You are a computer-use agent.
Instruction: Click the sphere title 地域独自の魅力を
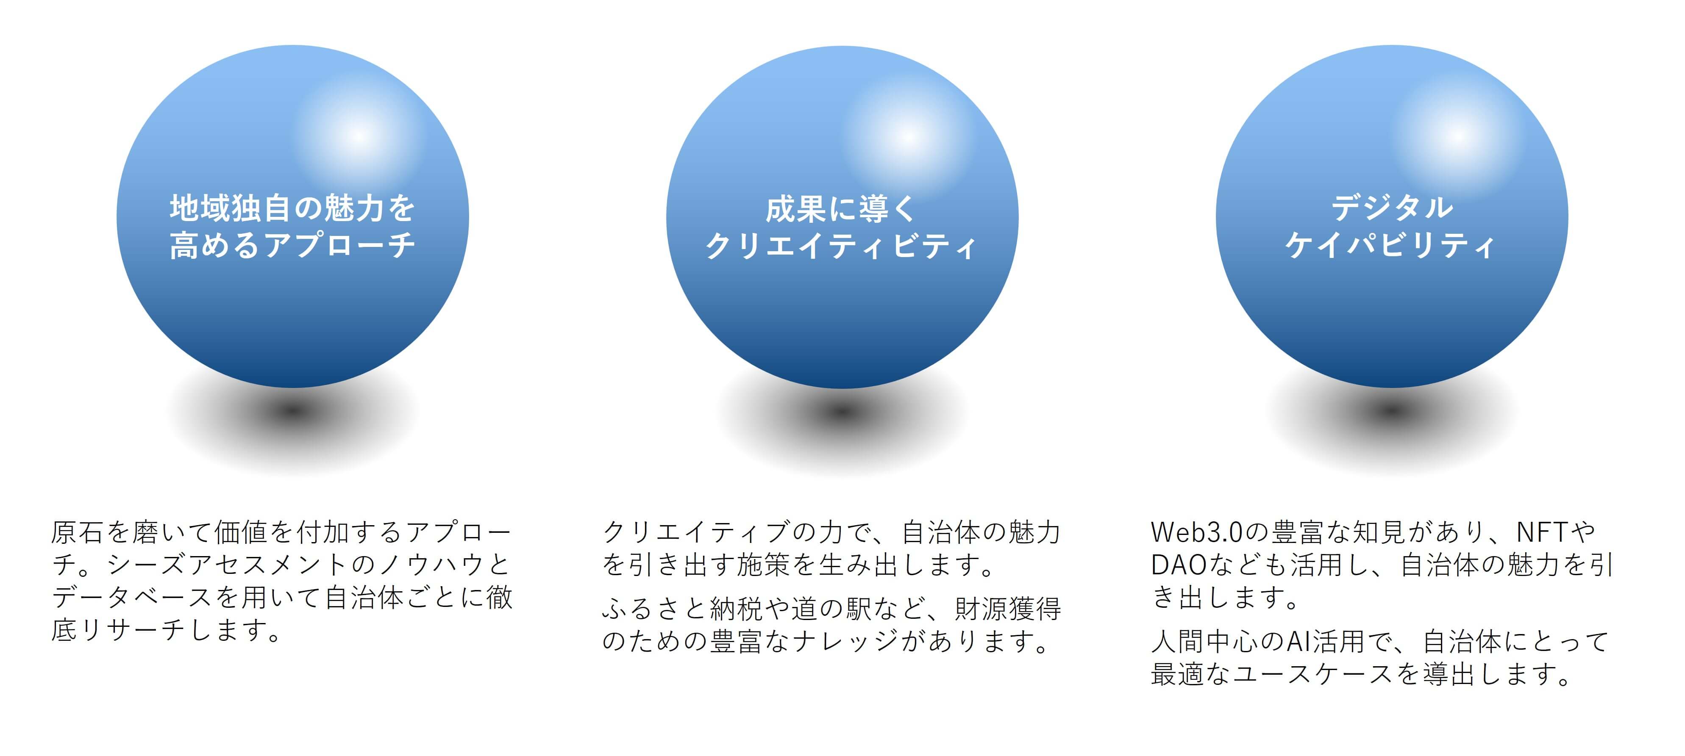[x=292, y=208]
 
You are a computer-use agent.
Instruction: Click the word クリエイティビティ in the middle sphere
[x=841, y=246]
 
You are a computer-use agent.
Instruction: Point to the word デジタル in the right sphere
[x=1392, y=208]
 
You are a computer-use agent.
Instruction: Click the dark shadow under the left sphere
[x=292, y=411]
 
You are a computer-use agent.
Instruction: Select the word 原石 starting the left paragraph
[x=78, y=533]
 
